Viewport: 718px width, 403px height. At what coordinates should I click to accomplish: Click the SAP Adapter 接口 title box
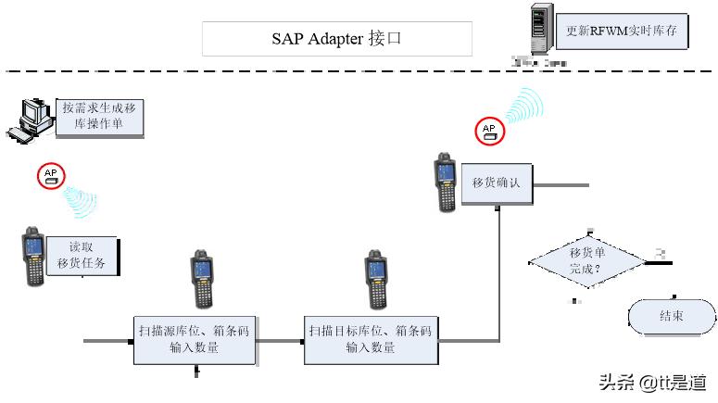coord(337,39)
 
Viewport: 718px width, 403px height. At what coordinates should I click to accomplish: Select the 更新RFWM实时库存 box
coord(622,31)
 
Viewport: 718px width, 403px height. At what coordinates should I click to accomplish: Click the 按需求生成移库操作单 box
coord(99,116)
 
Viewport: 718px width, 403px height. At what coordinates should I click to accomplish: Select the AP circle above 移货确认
coord(489,131)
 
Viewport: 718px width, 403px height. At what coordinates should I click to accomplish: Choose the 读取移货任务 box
coord(82,255)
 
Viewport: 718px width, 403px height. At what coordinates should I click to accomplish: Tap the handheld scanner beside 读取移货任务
coord(33,255)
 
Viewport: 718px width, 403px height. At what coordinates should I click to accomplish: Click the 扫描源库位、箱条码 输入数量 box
coord(194,339)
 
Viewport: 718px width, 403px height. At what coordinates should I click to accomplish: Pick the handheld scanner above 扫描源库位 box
coord(202,279)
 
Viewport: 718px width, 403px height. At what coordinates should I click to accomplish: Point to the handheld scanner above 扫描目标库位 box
coord(374,279)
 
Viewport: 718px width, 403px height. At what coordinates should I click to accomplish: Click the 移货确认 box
coord(496,183)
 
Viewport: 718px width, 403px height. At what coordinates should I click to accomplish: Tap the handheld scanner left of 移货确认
coord(446,183)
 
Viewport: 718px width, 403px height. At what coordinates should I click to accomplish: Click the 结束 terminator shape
coord(672,316)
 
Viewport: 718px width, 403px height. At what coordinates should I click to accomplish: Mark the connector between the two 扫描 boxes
coord(280,340)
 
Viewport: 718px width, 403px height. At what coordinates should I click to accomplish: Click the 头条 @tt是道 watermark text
coord(652,382)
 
